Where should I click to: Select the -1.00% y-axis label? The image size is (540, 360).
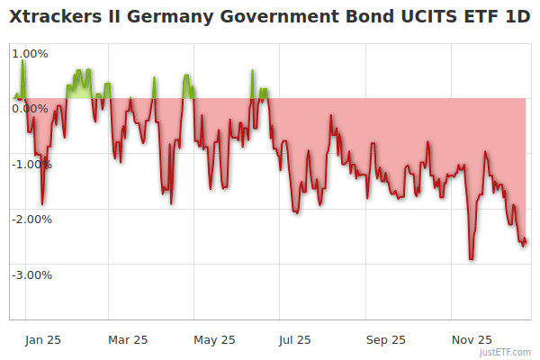click(31, 164)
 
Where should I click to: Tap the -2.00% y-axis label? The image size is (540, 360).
click(31, 219)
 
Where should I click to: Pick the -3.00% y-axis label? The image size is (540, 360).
click(31, 274)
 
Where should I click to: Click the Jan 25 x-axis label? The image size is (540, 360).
click(42, 339)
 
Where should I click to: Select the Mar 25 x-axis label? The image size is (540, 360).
click(128, 339)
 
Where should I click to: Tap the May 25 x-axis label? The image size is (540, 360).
click(214, 339)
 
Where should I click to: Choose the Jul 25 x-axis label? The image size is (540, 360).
click(295, 339)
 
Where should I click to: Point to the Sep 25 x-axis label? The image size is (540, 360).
click(385, 339)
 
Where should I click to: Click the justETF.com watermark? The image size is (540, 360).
click(505, 352)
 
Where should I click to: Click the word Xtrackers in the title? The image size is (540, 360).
click(57, 17)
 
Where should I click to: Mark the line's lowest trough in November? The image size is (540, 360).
click(471, 259)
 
